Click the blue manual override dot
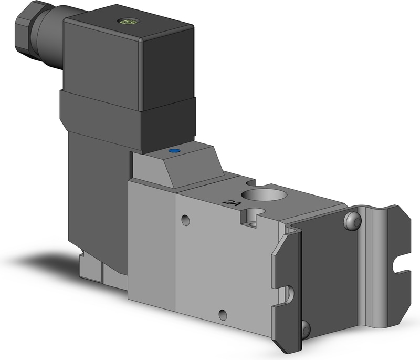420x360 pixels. tap(173, 152)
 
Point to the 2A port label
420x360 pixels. tap(230, 202)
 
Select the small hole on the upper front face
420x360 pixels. tap(185, 219)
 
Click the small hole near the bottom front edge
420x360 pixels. tap(223, 315)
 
